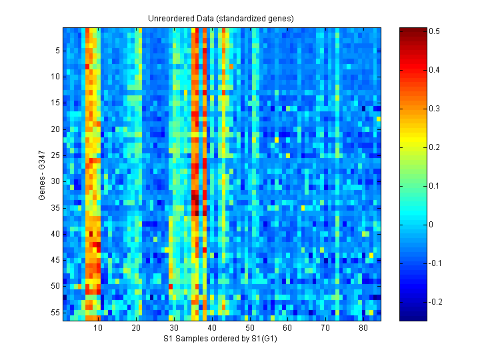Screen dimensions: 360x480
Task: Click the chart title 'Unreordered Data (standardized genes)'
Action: tap(221, 18)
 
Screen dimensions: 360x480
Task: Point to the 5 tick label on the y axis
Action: tap(57, 50)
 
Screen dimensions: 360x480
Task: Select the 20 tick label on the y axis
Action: tap(55, 129)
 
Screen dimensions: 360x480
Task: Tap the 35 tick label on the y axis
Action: tap(55, 207)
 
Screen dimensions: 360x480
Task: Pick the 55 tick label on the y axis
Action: tap(55, 312)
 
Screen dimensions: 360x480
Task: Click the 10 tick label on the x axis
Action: tap(98, 329)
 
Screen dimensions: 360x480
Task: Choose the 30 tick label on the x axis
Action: tap(174, 329)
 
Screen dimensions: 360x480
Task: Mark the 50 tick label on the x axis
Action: tap(249, 329)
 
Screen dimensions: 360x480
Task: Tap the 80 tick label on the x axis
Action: tap(363, 329)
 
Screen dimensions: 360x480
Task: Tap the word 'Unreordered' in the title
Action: tap(169, 18)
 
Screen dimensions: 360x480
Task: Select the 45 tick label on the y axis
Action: tap(55, 259)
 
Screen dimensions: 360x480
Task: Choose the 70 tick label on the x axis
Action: tap(325, 329)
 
